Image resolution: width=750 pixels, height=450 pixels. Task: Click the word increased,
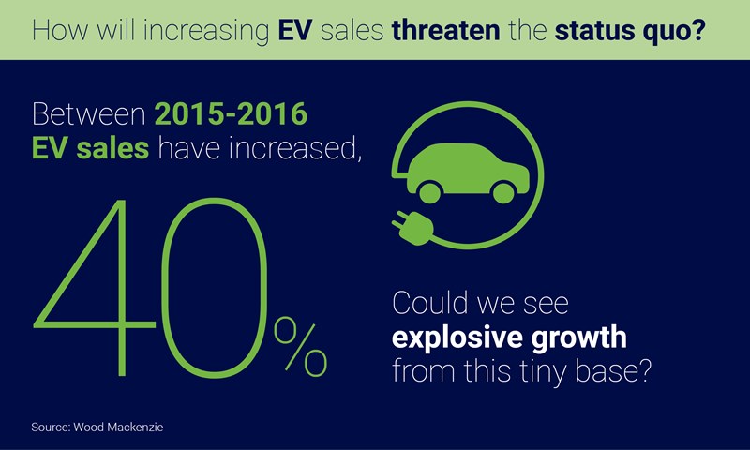point(303,148)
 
